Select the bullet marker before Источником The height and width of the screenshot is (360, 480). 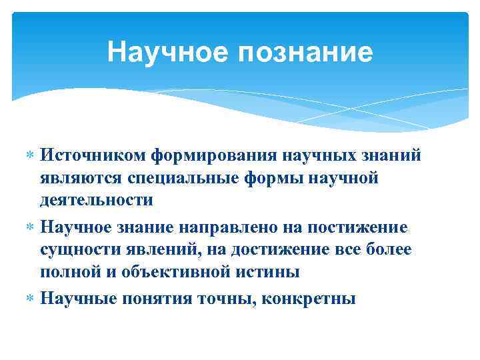tap(28, 156)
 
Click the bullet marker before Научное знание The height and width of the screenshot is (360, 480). tap(28, 228)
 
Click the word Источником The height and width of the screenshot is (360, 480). tap(93, 155)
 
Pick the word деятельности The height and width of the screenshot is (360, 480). tap(97, 200)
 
